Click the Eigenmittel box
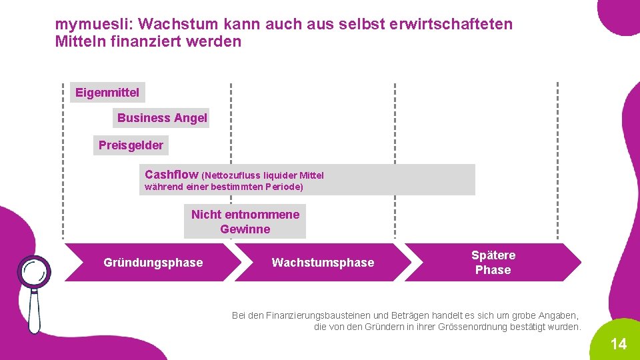click(107, 93)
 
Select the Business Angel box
click(161, 118)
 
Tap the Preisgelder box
click(131, 145)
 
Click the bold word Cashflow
click(171, 175)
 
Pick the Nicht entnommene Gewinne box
click(245, 222)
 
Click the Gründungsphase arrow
click(153, 263)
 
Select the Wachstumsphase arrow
click(323, 263)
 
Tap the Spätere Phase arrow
click(493, 263)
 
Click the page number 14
click(619, 344)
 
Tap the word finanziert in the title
click(148, 41)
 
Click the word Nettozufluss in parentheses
click(233, 175)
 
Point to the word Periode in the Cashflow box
click(283, 187)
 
